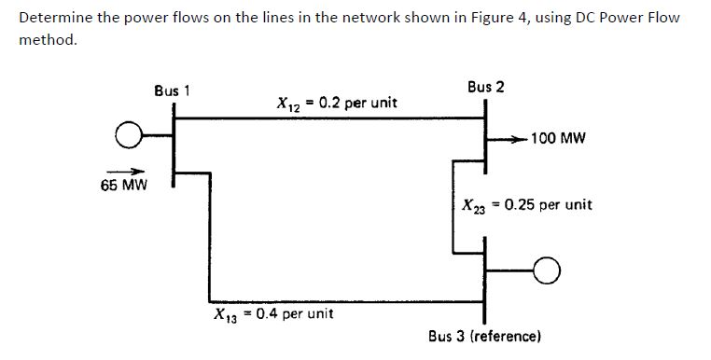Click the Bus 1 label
click(172, 90)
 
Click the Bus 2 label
click(485, 87)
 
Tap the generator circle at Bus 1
click(128, 138)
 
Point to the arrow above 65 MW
click(123, 171)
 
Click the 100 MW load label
click(558, 138)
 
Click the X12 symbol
click(288, 104)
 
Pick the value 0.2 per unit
click(357, 103)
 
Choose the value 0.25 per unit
click(548, 204)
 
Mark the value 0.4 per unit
click(294, 313)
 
